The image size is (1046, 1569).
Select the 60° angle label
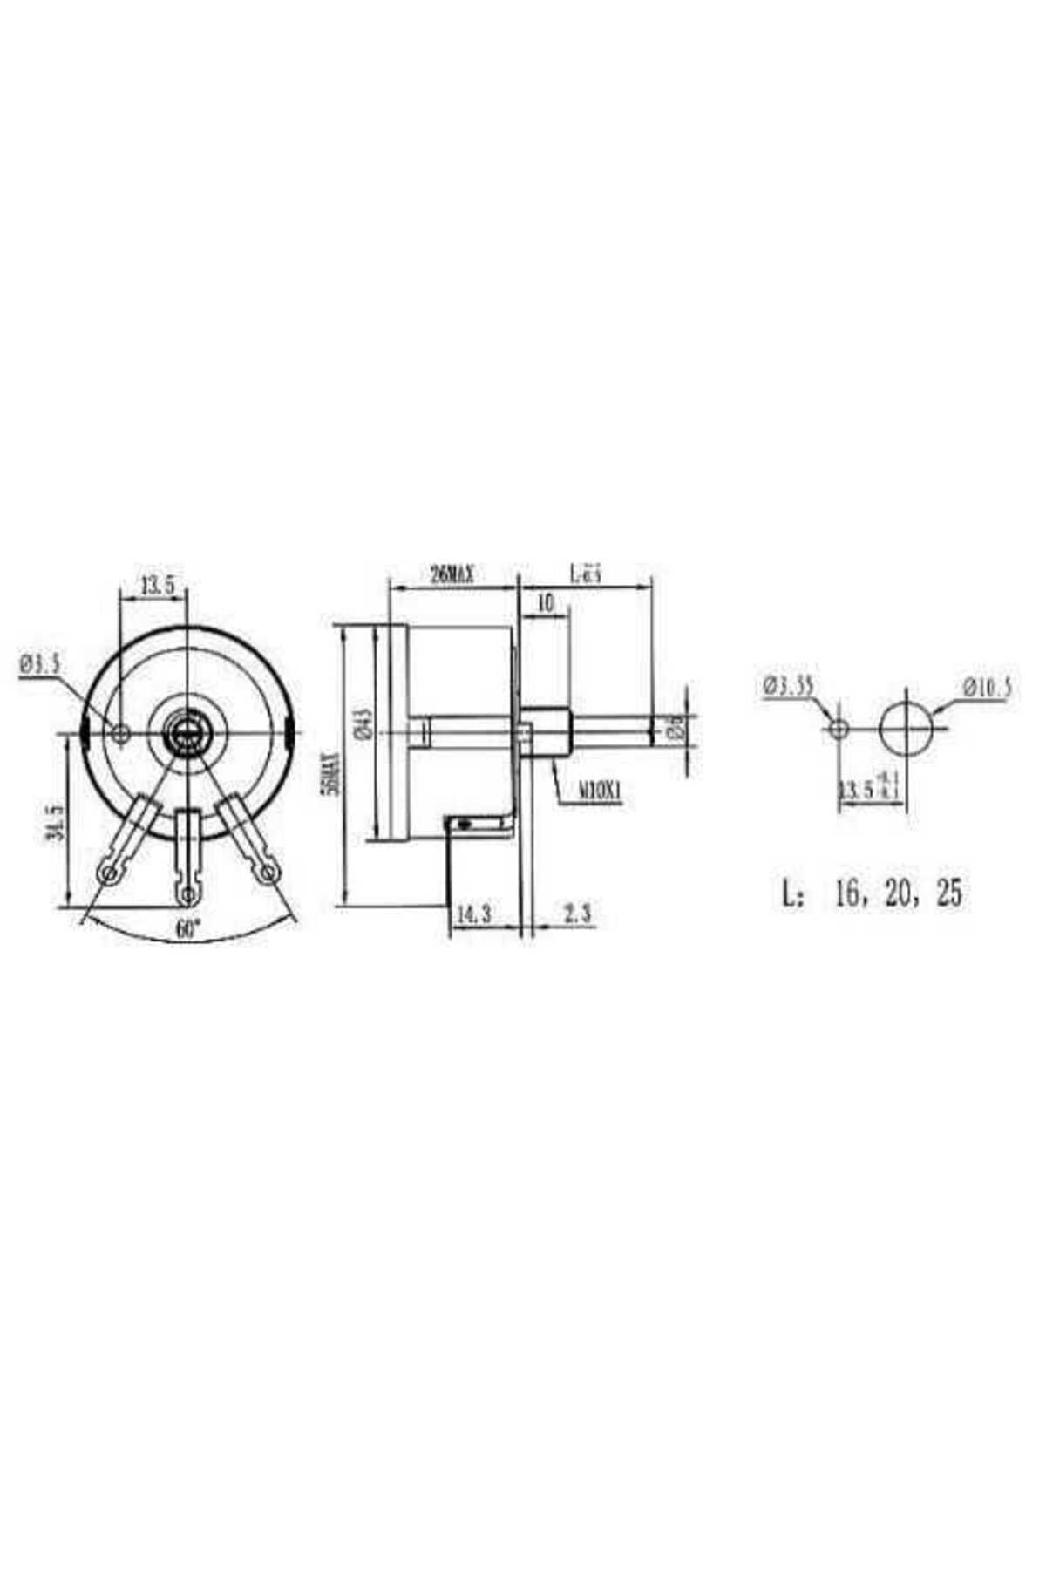point(187,929)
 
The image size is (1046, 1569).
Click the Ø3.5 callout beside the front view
point(40,665)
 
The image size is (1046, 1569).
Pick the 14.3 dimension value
point(473,914)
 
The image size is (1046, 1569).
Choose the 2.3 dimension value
point(577,914)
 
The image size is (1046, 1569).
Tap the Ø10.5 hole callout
point(987,687)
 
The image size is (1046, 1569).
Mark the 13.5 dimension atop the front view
point(157,586)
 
